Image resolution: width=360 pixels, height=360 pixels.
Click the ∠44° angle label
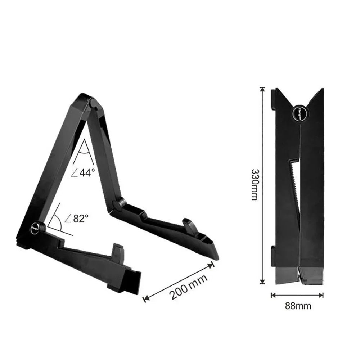click(84, 172)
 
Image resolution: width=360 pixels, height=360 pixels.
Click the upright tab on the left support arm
click(117, 251)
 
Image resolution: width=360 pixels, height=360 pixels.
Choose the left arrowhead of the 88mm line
click(273, 295)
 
